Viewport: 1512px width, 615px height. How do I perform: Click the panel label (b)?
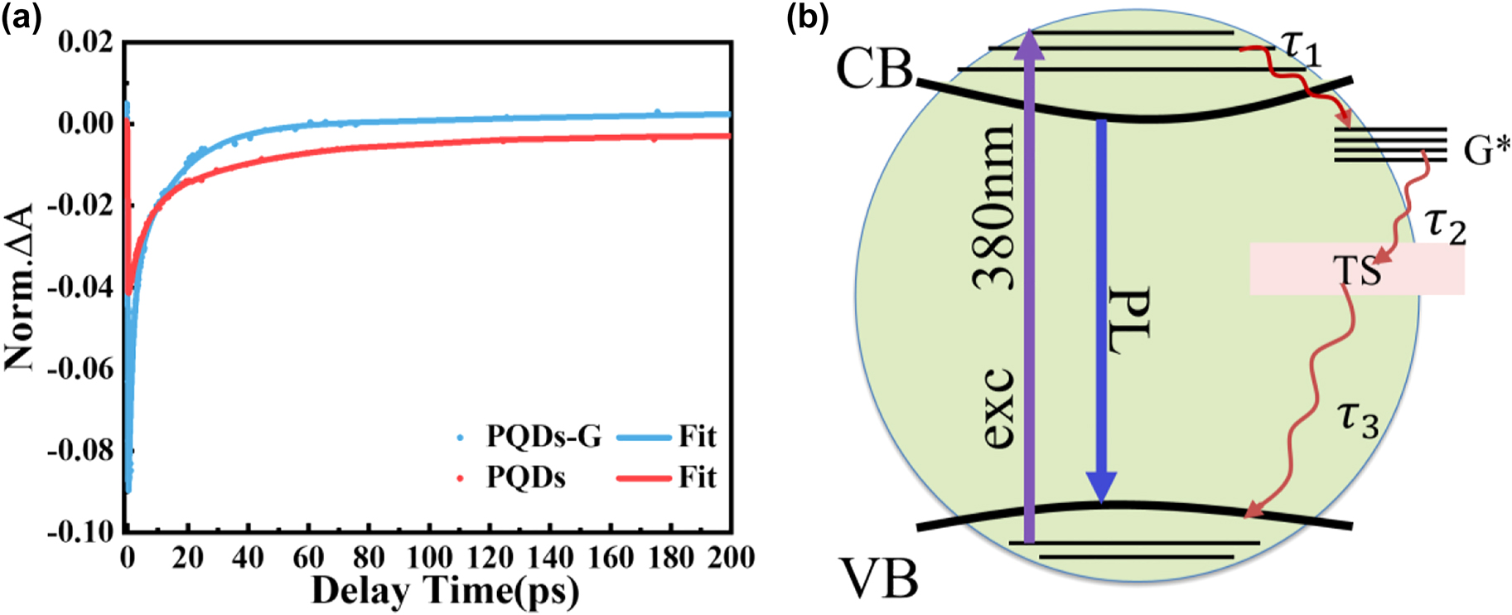(x=807, y=17)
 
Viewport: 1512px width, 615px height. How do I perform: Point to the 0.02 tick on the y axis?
(x=85, y=41)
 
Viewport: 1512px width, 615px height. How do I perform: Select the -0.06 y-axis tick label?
(x=80, y=368)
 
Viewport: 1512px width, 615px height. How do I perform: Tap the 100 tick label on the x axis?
(x=429, y=557)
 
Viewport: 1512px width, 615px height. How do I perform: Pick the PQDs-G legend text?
(x=543, y=436)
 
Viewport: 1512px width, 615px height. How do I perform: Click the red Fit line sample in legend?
(x=643, y=478)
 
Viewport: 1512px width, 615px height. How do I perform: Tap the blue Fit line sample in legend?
(x=643, y=437)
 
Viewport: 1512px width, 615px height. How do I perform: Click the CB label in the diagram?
(x=873, y=68)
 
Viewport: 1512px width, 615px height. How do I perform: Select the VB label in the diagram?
(x=880, y=579)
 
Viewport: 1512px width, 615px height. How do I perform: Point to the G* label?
(x=1485, y=149)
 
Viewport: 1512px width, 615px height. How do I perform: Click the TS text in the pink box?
(x=1357, y=270)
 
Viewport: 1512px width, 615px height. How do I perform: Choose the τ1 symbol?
(x=1301, y=47)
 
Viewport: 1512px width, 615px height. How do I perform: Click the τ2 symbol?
(x=1446, y=225)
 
